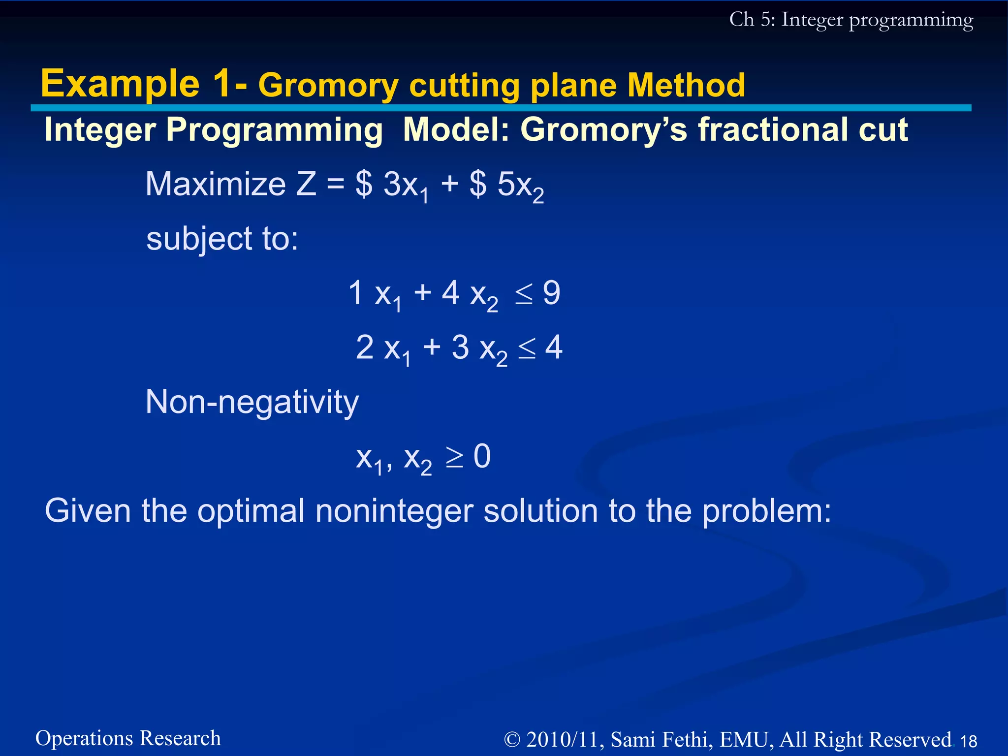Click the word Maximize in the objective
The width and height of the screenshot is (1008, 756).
click(x=216, y=185)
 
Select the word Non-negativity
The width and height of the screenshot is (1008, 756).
click(x=252, y=403)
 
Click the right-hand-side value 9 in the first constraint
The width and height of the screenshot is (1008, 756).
click(x=551, y=293)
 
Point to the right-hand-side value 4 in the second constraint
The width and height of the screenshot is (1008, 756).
click(x=554, y=347)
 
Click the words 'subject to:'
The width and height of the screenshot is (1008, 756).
click(x=222, y=239)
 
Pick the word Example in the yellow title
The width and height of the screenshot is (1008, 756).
click(x=120, y=84)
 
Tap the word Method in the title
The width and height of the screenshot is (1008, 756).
click(x=686, y=86)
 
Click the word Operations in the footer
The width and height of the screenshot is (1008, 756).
click(x=85, y=738)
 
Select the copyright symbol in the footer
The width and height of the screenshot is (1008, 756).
click(x=512, y=740)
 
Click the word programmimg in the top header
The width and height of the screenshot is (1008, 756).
click(x=911, y=21)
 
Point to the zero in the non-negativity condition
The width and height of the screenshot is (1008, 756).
click(x=482, y=456)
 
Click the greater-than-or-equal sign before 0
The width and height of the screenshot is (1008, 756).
click(x=454, y=458)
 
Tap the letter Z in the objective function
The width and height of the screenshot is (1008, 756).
click(x=306, y=185)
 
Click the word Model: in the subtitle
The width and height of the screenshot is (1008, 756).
click(x=456, y=130)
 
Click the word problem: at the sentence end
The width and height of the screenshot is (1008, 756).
click(x=766, y=512)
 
